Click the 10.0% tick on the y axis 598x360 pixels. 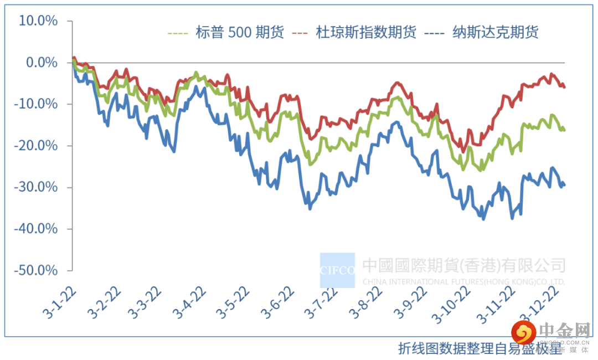[38, 21]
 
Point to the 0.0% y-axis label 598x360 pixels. [42, 63]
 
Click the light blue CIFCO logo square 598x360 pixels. [337, 270]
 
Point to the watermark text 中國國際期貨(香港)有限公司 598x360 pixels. [464, 265]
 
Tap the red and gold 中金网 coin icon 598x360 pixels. [523, 333]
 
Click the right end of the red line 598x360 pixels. [564, 87]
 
